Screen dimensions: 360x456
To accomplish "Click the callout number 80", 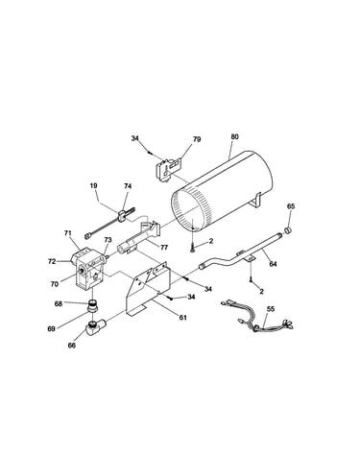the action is click(x=234, y=136).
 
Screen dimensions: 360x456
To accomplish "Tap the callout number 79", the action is click(x=197, y=139).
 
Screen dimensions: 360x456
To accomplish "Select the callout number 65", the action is click(x=291, y=206).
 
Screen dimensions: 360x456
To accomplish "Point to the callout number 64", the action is click(x=273, y=264).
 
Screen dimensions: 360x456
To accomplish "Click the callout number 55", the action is click(x=271, y=309).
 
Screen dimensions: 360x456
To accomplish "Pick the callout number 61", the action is click(x=182, y=318).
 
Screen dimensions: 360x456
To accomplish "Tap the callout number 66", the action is click(x=72, y=346).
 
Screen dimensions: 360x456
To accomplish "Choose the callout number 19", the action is click(x=94, y=185).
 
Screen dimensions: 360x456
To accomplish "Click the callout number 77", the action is click(x=164, y=248).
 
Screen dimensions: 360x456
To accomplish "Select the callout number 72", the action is click(x=52, y=261).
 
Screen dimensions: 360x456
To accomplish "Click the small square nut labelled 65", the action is click(x=287, y=229).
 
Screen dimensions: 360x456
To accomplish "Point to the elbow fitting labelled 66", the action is click(x=94, y=328).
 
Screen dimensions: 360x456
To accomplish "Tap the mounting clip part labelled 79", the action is click(x=169, y=169).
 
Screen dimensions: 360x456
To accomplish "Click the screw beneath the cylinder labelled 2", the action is click(x=193, y=248).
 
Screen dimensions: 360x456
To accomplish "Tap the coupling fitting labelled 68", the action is click(x=93, y=305).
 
